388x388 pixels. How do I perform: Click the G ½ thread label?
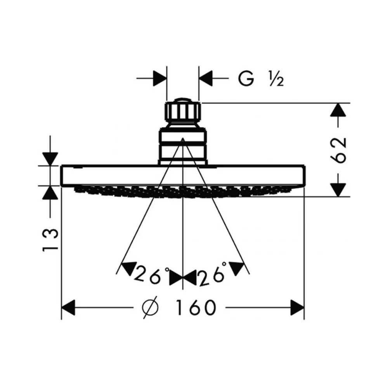[x=261, y=78]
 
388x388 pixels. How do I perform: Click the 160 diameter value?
[x=196, y=308]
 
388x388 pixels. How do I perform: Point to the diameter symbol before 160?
[x=150, y=308]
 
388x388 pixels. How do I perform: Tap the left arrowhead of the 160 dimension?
[x=68, y=308]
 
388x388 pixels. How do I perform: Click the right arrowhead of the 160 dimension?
[x=297, y=308]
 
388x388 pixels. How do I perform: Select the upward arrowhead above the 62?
[x=338, y=110]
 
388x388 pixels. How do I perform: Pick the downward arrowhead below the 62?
[x=338, y=190]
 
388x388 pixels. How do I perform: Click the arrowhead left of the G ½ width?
[x=160, y=78]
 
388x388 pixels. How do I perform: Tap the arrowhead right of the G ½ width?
[x=206, y=78]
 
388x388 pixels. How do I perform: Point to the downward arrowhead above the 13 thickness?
[x=50, y=159]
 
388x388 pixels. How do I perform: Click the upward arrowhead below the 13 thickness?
[x=50, y=192]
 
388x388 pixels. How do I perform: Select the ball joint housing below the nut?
[x=183, y=146]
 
